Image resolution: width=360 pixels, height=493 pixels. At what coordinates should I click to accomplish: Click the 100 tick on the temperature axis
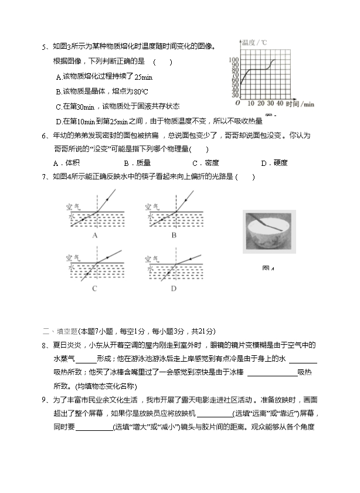tap(233, 60)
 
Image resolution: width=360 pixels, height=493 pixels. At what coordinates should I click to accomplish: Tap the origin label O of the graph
tap(237, 104)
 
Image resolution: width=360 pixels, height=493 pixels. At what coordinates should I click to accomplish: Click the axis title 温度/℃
tap(254, 42)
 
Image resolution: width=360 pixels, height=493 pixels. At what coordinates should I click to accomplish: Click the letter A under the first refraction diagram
tap(94, 234)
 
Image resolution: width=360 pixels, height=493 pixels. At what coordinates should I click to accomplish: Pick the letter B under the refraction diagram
tap(174, 234)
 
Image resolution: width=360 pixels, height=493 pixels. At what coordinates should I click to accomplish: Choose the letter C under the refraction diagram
tap(94, 288)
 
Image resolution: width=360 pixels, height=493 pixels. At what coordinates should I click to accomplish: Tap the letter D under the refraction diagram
tap(174, 288)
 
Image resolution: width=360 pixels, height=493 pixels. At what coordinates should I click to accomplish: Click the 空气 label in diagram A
tap(74, 206)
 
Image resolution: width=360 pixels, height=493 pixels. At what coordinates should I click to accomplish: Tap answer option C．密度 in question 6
tap(206, 163)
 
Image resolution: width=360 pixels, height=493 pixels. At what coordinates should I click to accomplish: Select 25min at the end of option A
tap(143, 77)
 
